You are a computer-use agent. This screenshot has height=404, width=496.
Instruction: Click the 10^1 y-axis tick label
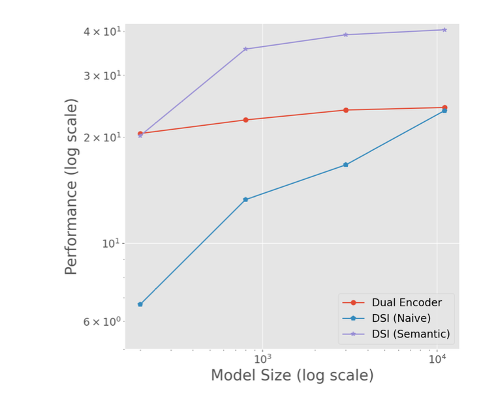[x=112, y=244]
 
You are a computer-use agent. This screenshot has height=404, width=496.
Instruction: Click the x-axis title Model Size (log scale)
[x=292, y=376]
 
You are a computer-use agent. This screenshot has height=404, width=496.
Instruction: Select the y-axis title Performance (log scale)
[x=72, y=186]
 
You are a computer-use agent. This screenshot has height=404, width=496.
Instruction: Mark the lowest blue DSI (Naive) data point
[x=140, y=304]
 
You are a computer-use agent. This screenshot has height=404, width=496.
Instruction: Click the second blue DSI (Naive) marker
[x=245, y=199]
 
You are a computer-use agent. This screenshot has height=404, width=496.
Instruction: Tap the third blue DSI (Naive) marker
[x=346, y=165]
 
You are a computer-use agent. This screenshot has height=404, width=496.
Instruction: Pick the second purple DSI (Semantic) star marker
[x=245, y=49]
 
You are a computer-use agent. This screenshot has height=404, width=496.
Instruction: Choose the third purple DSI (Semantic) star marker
[x=346, y=35]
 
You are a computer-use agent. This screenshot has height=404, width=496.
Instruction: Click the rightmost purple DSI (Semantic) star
[x=444, y=30]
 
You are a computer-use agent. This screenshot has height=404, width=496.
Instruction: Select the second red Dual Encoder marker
[x=245, y=120]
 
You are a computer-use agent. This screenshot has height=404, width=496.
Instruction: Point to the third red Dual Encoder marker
[x=346, y=110]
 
